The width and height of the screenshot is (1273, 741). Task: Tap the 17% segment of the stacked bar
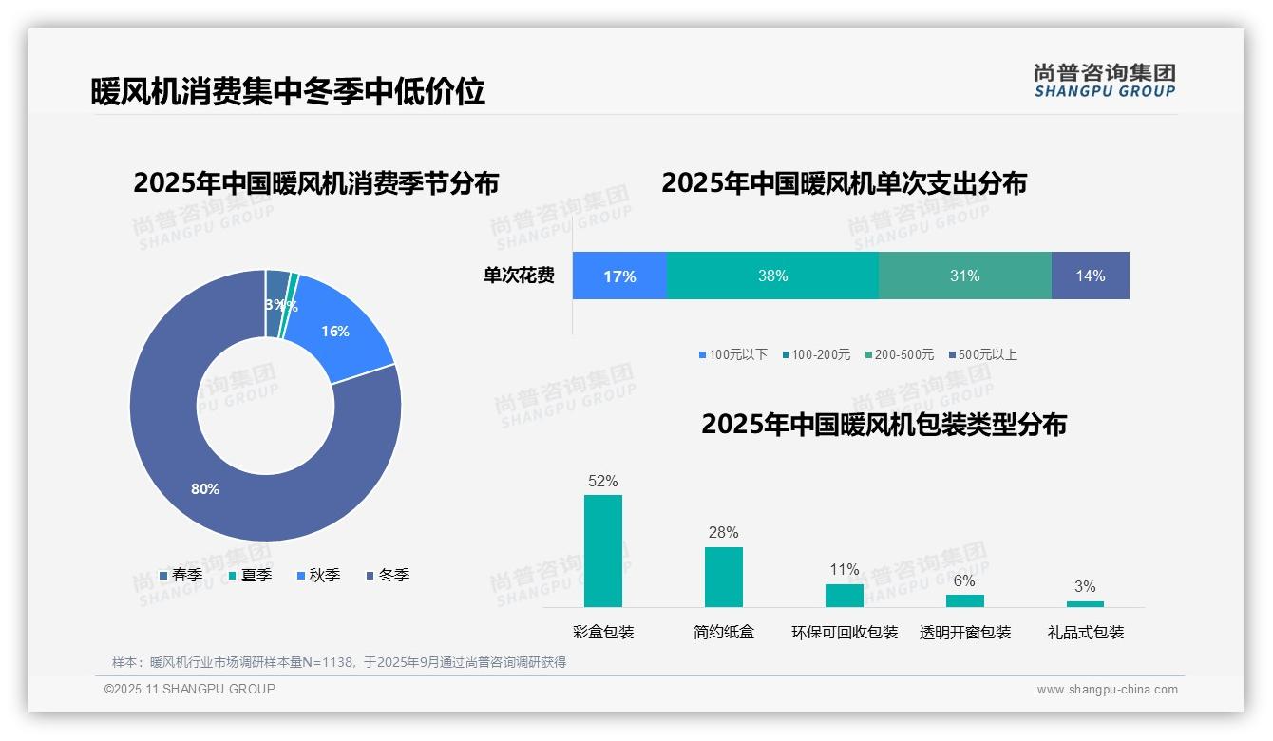click(x=619, y=275)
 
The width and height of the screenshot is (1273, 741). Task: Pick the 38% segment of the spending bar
click(x=772, y=275)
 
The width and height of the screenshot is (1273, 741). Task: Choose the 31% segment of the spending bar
click(x=964, y=275)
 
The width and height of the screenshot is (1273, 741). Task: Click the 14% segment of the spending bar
click(x=1090, y=275)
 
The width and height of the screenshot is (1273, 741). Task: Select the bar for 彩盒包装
click(x=603, y=551)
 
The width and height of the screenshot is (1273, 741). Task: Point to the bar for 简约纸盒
click(x=723, y=577)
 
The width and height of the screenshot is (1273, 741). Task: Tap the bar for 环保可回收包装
click(x=844, y=595)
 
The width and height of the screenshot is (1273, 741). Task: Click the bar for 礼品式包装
click(x=1085, y=603)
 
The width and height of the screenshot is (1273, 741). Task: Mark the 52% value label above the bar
click(x=603, y=481)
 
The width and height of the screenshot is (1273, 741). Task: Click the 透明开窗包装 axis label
click(x=964, y=632)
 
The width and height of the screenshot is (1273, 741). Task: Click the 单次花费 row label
click(x=519, y=275)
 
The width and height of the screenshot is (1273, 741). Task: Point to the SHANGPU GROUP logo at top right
click(x=1104, y=80)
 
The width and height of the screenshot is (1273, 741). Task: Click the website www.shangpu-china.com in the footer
click(x=1107, y=689)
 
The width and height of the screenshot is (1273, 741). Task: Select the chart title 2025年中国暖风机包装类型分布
click(x=883, y=424)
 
